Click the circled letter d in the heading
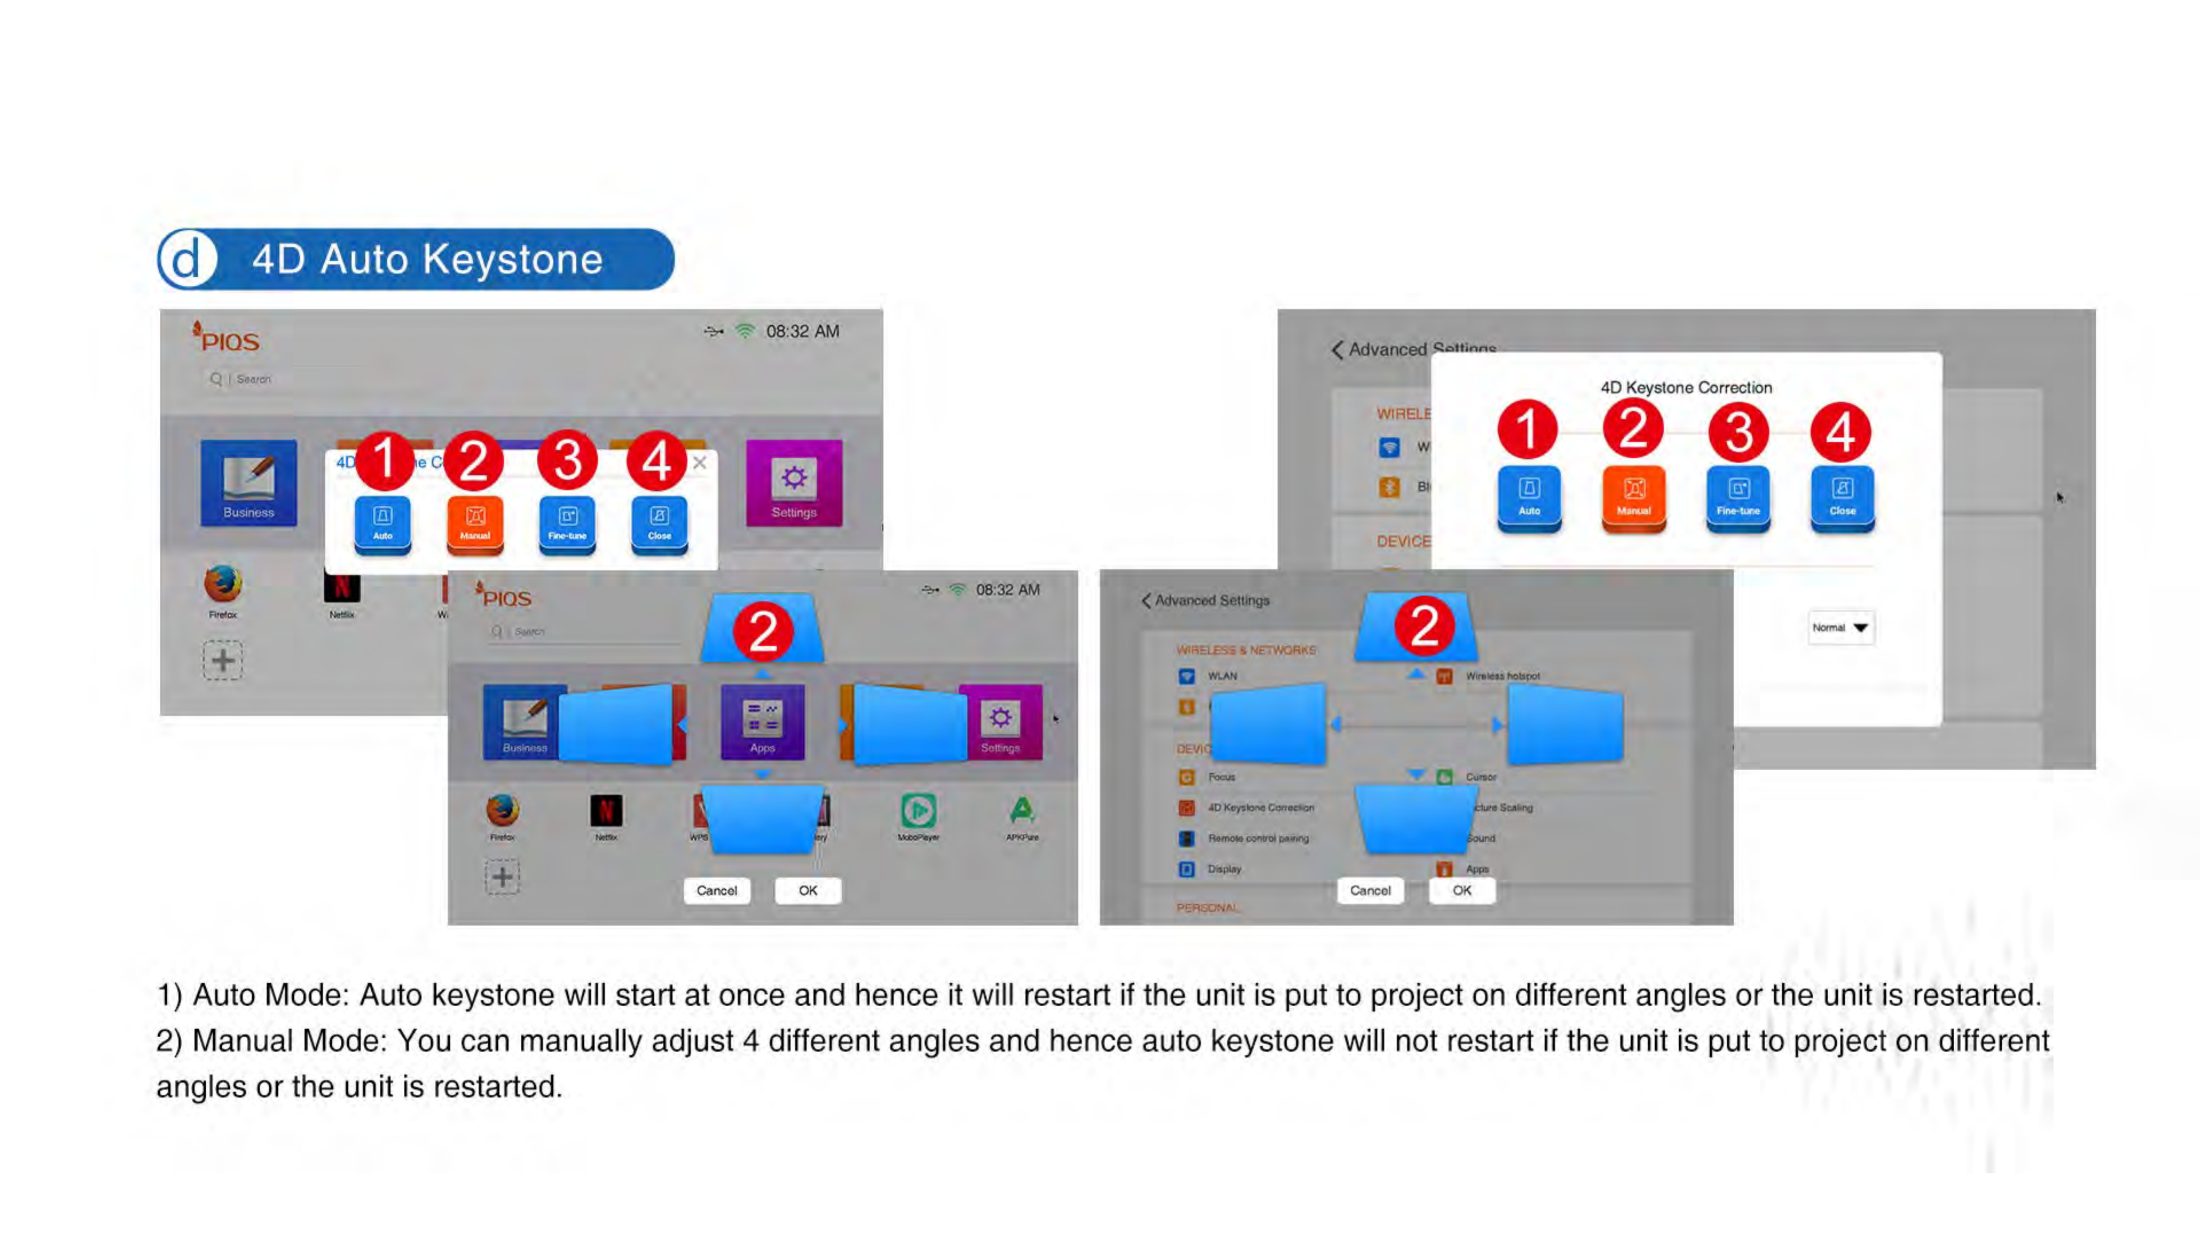pyautogui.click(x=187, y=259)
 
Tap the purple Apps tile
pyautogui.click(x=762, y=722)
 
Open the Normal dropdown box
pyautogui.click(x=1840, y=628)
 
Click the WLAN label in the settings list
pyautogui.click(x=1222, y=676)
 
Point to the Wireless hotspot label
pyautogui.click(x=1502, y=676)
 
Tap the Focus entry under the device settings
pyautogui.click(x=1221, y=777)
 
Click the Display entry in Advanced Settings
pyautogui.click(x=1224, y=869)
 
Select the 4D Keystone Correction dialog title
pyautogui.click(x=1686, y=388)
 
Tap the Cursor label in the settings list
pyautogui.click(x=1481, y=777)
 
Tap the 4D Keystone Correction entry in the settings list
pyautogui.click(x=1260, y=807)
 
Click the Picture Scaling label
pyautogui.click(x=1505, y=807)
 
